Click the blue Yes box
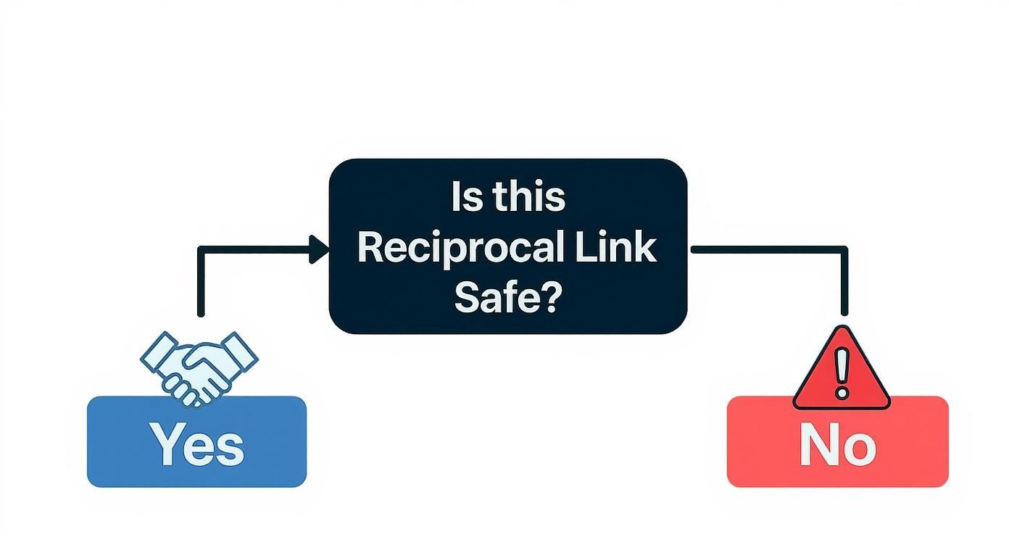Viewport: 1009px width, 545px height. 196,442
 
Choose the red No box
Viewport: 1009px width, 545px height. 837,442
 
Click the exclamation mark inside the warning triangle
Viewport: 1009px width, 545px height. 841,373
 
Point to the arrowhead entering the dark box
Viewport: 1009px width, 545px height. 319,249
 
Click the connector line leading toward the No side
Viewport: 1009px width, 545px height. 768,249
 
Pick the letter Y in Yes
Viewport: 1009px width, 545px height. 166,444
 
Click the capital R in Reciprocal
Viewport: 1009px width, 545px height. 372,249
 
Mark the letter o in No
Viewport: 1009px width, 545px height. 860,448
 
